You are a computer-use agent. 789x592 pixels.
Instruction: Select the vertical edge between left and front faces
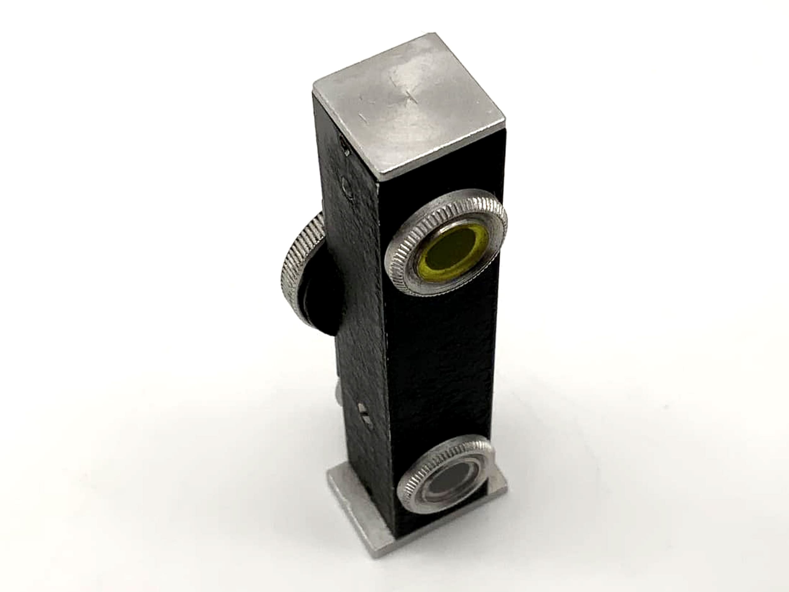[385, 357]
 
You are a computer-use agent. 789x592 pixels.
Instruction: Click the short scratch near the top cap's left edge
[362, 116]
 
